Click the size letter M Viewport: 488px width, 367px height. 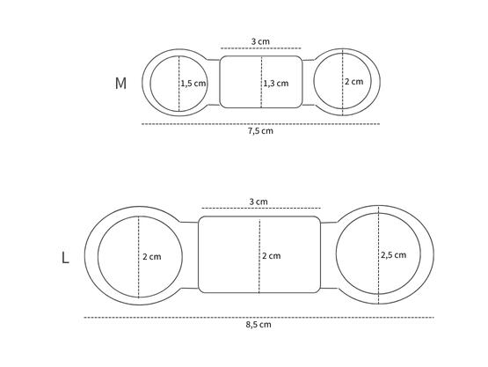[121, 84]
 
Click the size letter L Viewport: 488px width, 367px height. [65, 258]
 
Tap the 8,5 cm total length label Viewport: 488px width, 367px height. [259, 325]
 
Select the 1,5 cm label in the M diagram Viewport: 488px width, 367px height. [193, 84]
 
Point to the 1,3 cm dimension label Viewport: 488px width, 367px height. [275, 84]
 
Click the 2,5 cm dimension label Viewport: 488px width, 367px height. [394, 255]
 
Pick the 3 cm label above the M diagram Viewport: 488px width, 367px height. [259, 40]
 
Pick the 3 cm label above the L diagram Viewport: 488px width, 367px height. [258, 202]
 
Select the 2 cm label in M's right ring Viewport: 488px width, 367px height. [353, 82]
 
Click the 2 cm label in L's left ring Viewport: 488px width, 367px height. [152, 257]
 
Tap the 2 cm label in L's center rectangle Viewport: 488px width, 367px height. [272, 256]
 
